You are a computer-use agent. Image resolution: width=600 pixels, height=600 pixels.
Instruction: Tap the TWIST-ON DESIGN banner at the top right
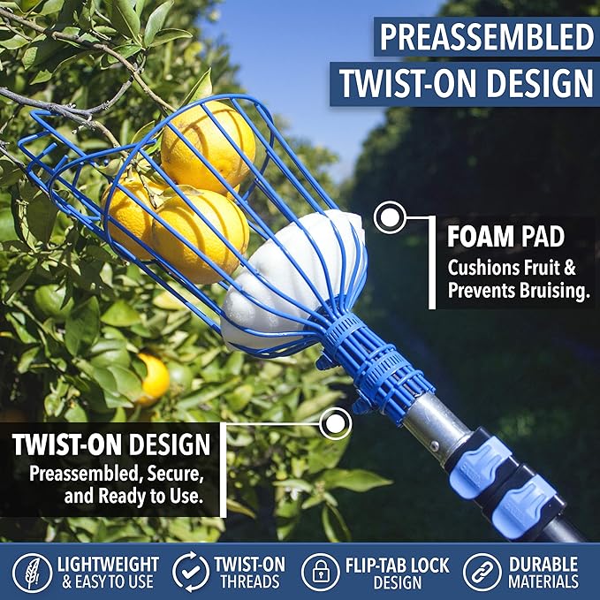pos(467,83)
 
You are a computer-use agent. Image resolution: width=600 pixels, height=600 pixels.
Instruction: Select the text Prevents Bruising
pos(518,291)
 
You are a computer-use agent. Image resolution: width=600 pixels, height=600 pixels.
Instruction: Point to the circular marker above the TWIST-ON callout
pos(335,424)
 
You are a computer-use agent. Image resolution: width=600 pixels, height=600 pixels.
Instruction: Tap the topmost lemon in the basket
pos(208,144)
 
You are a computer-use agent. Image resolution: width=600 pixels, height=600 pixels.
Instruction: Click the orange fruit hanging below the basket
pos(152,377)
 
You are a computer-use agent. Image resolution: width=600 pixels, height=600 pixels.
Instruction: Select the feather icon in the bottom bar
pos(32,571)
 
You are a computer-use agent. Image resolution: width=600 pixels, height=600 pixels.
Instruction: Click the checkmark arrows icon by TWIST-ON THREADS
pos(190,571)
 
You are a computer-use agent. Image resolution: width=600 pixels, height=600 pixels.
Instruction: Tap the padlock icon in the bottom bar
pos(320,571)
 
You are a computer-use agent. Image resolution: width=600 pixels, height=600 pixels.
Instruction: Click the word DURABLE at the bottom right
pos(543,563)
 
